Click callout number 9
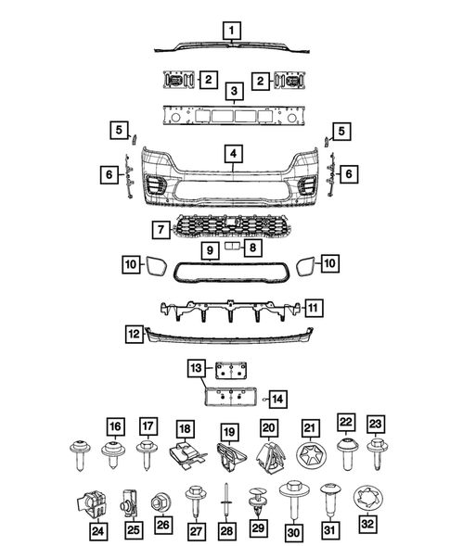pos(210,250)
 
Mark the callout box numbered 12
pos(135,331)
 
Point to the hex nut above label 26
pos(162,500)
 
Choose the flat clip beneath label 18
pos(186,454)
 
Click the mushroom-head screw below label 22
pos(345,455)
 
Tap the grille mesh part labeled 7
pos(227,226)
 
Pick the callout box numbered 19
pos(228,429)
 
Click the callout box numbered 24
pos(98,531)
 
